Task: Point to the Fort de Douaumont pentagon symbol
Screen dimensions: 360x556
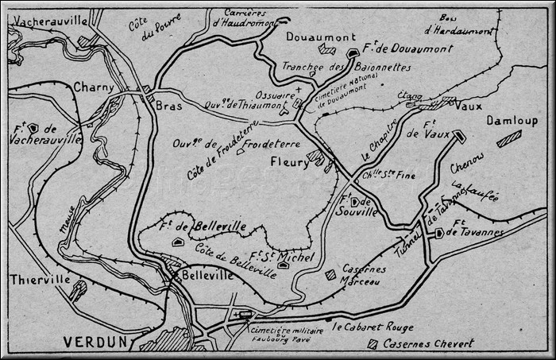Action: [353, 52]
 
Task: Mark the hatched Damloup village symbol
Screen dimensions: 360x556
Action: [508, 138]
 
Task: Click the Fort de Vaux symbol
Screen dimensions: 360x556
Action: [460, 136]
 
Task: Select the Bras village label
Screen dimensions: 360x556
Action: [169, 105]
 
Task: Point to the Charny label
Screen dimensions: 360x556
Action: [94, 87]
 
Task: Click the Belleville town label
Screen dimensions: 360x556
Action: [207, 274]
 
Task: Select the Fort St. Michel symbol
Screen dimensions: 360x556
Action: [283, 265]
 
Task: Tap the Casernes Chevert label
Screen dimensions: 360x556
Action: [428, 343]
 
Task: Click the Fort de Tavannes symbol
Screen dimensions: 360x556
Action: [438, 233]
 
